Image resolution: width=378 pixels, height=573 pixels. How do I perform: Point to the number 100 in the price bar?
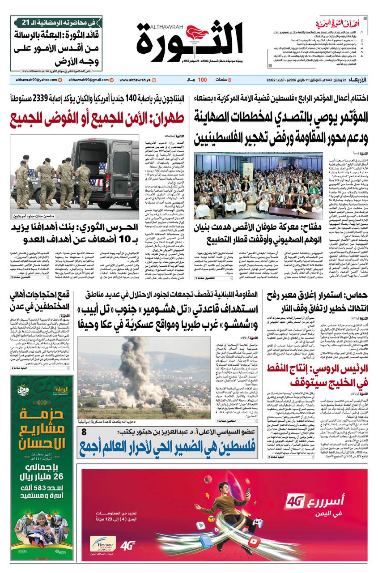(202, 80)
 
